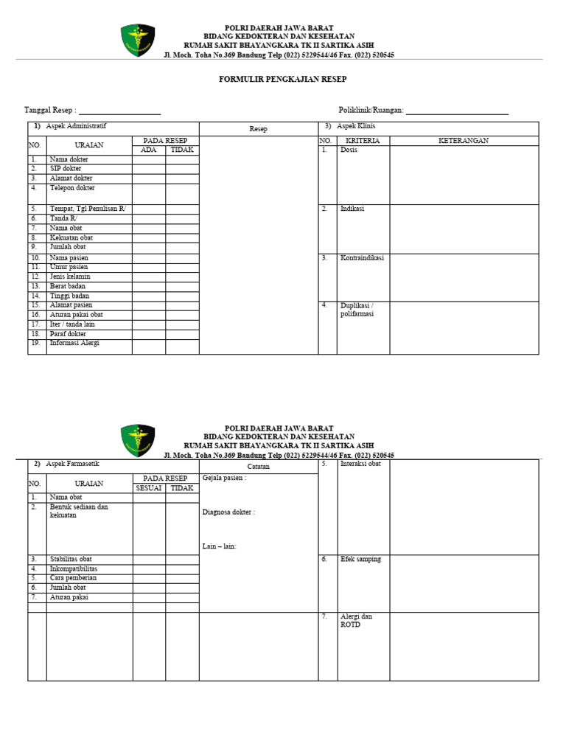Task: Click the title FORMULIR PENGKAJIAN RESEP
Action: tap(283, 79)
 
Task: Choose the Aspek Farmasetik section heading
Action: tap(72, 464)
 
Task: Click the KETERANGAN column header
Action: tap(464, 141)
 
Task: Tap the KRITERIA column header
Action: tap(363, 141)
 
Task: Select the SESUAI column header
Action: tap(149, 488)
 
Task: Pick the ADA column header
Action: tap(149, 150)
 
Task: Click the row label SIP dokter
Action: tap(66, 169)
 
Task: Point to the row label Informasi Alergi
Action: tap(74, 343)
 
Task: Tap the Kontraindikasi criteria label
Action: tap(362, 258)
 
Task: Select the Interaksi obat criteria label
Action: tap(360, 464)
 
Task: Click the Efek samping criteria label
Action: tap(360, 560)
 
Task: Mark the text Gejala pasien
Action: tap(224, 478)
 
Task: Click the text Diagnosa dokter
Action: tap(228, 512)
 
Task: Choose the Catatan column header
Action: tap(258, 467)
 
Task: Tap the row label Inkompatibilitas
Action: tap(73, 569)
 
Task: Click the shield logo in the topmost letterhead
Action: tap(138, 40)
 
